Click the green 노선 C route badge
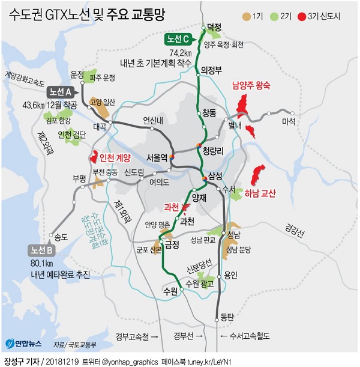coord(179,40)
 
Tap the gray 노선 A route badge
coord(61,92)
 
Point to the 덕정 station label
coord(214,27)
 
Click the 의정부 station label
coord(211,69)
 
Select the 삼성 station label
coord(215,176)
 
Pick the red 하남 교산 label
coord(277,193)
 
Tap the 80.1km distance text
coord(43,262)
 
